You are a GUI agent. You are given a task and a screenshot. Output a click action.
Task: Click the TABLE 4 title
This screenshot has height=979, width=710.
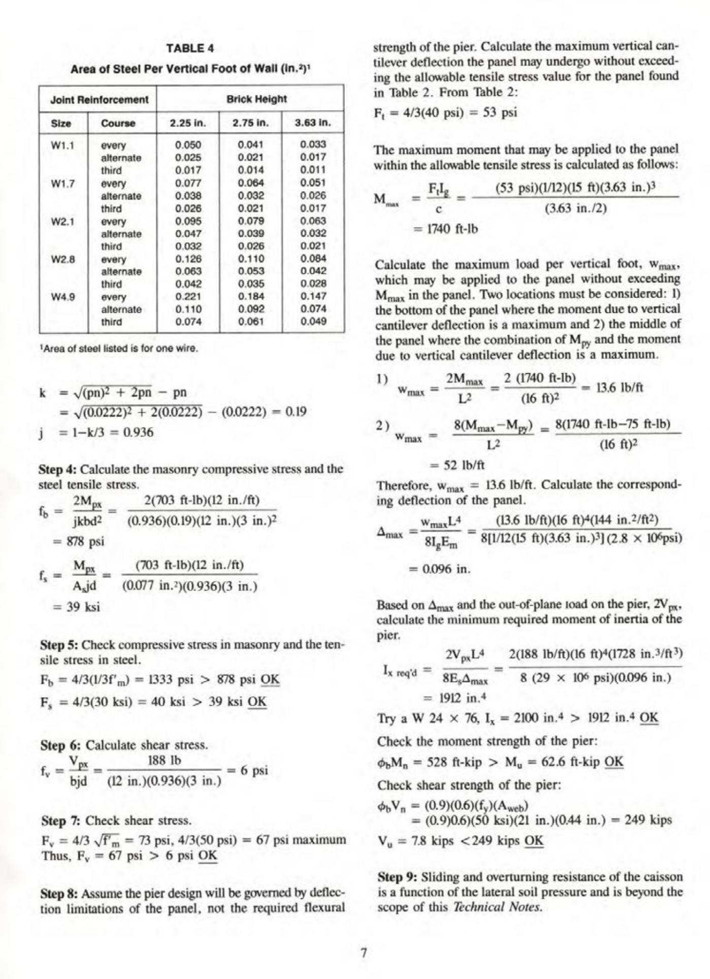pos(190,48)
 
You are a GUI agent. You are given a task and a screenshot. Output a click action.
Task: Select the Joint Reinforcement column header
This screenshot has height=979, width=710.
pos(99,100)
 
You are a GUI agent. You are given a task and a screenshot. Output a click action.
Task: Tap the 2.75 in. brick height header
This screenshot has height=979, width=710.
pos(250,123)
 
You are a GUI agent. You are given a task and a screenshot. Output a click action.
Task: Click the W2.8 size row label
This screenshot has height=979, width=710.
pos(62,259)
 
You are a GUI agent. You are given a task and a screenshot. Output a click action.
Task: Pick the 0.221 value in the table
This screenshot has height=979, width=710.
pos(188,297)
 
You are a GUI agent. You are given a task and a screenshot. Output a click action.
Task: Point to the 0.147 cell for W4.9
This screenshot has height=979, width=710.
pos(313,296)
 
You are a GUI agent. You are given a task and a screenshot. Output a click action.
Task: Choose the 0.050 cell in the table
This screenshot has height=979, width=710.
pos(188,145)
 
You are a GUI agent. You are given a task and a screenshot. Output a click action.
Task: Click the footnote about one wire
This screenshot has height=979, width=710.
pos(118,348)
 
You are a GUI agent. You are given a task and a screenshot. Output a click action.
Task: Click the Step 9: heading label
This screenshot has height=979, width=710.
pos(397,877)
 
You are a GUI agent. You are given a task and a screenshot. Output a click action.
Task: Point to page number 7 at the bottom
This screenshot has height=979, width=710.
pos(363,953)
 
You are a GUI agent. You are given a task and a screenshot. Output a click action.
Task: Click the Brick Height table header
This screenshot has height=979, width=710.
pos(256,99)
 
